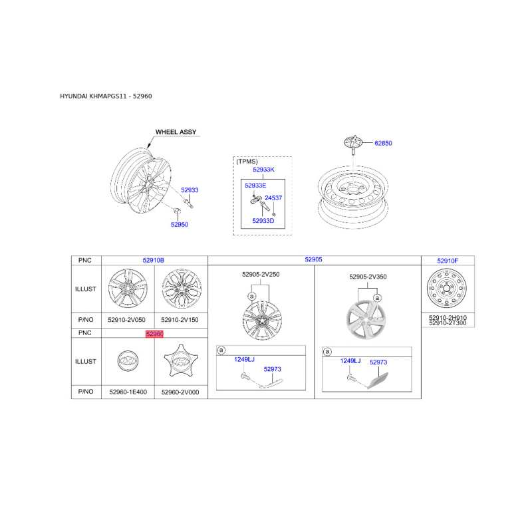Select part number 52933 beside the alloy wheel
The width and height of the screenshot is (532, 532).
coord(190,190)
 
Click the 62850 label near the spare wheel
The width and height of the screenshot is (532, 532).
coord(384,143)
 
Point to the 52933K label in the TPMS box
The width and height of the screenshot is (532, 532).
coord(263,170)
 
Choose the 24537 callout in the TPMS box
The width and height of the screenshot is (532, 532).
coord(273,198)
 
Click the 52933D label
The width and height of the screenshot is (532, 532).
coord(263,220)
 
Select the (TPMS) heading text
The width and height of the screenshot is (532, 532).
coord(247,160)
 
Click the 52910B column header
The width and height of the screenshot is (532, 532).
coord(154,261)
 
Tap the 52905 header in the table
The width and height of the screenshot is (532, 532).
coord(314,260)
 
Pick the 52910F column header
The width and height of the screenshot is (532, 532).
coord(448,261)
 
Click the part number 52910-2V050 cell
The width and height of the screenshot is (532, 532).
coord(127,320)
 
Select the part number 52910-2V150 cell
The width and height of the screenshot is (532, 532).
coord(180,320)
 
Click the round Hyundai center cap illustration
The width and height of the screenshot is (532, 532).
coord(127,361)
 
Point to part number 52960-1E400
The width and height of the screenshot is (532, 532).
coord(127,392)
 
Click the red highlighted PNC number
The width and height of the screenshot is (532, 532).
coord(154,334)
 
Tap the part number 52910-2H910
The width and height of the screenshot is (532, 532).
coord(448,318)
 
